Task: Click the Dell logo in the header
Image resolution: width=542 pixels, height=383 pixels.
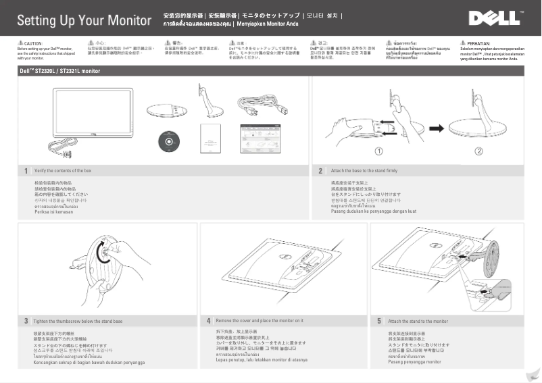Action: coord(495,18)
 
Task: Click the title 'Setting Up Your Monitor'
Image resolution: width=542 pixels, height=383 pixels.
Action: coord(84,20)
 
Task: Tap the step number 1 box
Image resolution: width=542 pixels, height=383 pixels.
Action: coord(26,171)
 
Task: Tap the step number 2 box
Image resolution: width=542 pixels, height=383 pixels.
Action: coord(320,171)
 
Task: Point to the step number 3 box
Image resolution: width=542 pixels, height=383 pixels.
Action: coord(26,321)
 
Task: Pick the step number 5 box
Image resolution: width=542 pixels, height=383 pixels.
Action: coord(379,321)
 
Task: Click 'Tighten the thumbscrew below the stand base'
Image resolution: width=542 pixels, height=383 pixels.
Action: coord(78,321)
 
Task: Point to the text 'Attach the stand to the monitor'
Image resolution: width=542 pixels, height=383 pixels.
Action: coord(418,321)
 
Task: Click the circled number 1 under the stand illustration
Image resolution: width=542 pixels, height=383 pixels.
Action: coord(379,151)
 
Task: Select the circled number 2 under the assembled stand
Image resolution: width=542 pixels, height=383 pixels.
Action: coord(479,151)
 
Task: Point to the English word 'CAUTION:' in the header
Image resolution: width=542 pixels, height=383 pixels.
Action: coord(33,43)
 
